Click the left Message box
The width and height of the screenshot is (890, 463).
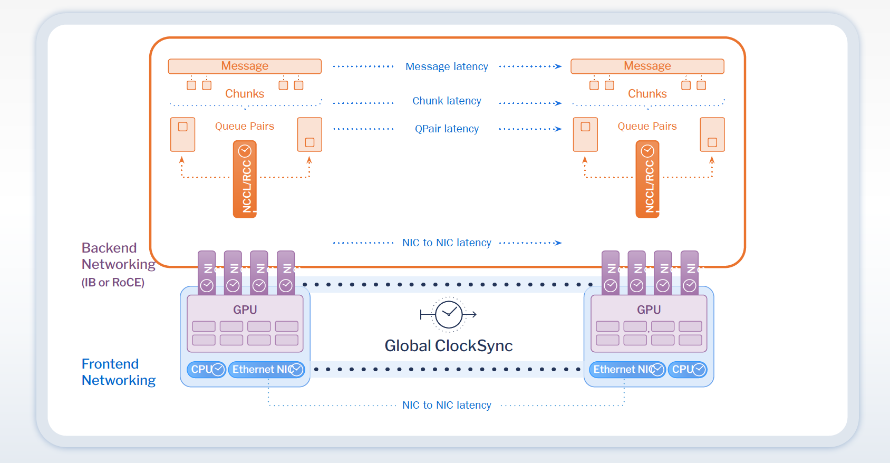[x=245, y=66]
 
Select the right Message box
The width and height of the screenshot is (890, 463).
[x=647, y=66]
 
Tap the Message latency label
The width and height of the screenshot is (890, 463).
[x=447, y=67]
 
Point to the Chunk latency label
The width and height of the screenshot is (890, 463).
[x=447, y=101]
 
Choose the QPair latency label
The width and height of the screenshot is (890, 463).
[x=447, y=129]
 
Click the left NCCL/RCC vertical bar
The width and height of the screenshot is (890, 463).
[x=245, y=179]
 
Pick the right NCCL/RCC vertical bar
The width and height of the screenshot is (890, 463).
[x=647, y=179]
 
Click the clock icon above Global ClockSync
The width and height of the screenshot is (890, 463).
[x=449, y=314]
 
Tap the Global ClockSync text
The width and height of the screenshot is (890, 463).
[x=448, y=346]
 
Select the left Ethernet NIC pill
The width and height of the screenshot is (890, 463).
[x=266, y=370]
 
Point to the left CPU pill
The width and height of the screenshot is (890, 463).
[x=207, y=370]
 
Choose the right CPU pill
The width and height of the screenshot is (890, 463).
[x=688, y=370]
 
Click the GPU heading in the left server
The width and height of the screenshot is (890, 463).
[x=245, y=310]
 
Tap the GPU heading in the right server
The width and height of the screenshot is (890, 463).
[x=649, y=310]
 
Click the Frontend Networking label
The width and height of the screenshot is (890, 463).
[x=118, y=372]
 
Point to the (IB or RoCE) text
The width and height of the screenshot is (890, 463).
[x=113, y=283]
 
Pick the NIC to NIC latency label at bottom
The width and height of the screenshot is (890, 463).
[x=447, y=406]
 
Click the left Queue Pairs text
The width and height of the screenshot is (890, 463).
[x=245, y=127]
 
